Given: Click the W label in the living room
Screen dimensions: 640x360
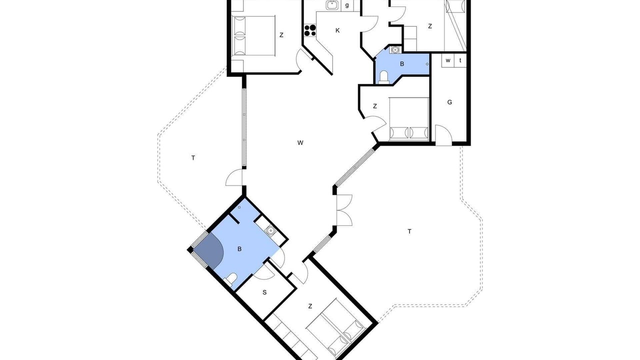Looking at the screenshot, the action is (300, 143).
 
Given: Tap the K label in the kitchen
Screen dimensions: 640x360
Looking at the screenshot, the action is (337, 30).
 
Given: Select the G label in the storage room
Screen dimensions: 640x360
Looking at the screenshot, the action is (449, 102).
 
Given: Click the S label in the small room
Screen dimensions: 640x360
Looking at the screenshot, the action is (264, 292).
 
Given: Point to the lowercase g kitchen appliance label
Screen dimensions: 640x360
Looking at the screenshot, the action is (347, 5).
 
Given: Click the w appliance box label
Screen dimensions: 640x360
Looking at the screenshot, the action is (448, 60).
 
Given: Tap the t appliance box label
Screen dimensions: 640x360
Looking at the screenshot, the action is (460, 60).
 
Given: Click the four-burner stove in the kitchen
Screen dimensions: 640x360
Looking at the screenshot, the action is (310, 30).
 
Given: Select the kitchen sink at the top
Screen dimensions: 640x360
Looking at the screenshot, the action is (332, 5).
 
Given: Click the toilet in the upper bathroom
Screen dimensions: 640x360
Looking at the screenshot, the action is (383, 77).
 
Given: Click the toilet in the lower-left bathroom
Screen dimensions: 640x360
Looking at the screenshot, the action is (231, 279).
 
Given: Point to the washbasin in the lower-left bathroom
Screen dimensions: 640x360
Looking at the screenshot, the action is (270, 229).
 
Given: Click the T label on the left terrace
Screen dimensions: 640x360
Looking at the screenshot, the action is (193, 157).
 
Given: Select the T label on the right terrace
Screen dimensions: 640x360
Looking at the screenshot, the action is (409, 231).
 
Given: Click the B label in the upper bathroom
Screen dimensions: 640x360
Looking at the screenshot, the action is (402, 64).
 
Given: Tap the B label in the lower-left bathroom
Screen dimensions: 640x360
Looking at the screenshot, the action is (239, 249).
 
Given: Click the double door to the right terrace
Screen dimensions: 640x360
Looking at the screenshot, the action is (344, 210).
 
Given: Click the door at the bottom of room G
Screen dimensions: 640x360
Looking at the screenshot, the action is (443, 135).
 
